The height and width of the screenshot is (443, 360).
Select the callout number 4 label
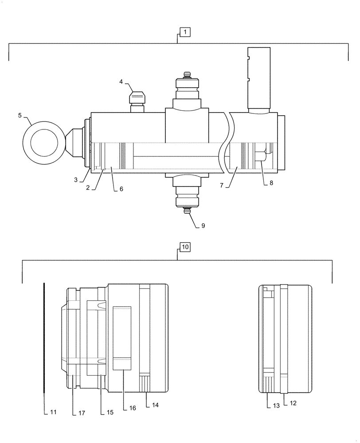pos(121,82)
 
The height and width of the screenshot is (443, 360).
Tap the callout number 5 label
pos(20,115)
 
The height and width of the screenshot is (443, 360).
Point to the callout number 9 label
pos(203,225)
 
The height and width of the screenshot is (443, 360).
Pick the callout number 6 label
pos(121,189)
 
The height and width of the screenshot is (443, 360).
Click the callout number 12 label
pos(293,403)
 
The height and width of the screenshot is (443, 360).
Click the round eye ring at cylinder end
pos(43,141)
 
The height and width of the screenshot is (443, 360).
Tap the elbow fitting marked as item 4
pos(137,97)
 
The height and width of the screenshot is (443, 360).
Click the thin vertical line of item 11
pos(45,337)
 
